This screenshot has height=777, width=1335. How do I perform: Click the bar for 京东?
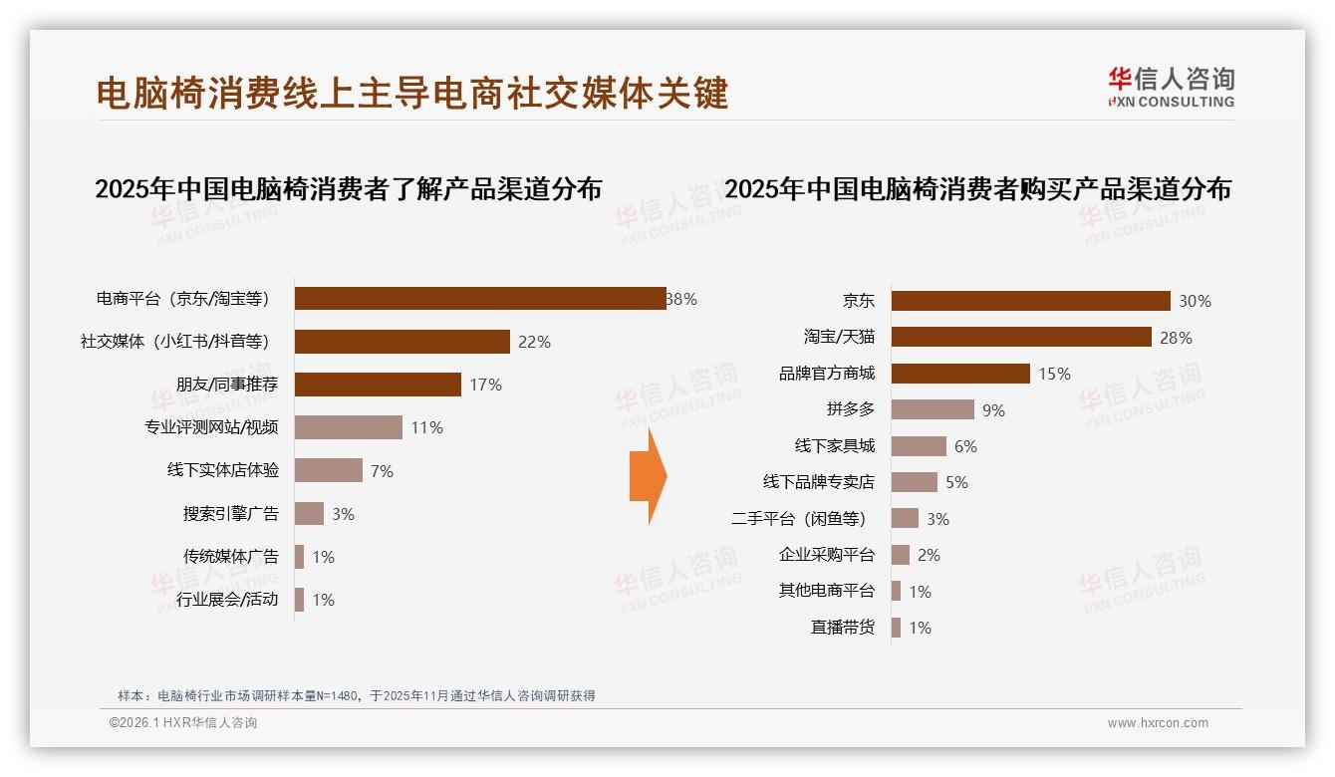click(1030, 301)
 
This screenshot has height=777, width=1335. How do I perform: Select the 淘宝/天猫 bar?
click(1021, 337)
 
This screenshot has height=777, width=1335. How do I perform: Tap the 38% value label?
click(682, 299)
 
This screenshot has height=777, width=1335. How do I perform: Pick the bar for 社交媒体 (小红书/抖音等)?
click(402, 342)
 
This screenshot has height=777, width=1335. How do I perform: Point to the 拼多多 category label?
click(850, 409)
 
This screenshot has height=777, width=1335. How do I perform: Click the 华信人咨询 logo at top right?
click(1171, 87)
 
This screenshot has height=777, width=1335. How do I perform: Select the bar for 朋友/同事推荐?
click(378, 385)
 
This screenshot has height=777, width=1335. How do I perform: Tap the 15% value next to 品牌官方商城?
click(1054, 374)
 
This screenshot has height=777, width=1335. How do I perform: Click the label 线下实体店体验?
click(223, 470)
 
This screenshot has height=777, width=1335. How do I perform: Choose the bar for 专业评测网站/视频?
click(349, 427)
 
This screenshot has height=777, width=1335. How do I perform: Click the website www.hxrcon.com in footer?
click(1158, 723)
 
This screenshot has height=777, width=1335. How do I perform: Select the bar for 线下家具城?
click(919, 446)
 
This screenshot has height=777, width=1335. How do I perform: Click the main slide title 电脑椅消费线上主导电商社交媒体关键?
click(412, 93)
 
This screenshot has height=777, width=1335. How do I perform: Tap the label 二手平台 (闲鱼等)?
click(798, 519)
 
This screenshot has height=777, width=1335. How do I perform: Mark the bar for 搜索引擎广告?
click(309, 514)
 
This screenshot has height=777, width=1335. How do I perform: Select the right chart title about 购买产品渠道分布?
click(977, 188)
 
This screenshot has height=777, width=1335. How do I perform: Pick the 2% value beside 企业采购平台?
click(929, 555)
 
